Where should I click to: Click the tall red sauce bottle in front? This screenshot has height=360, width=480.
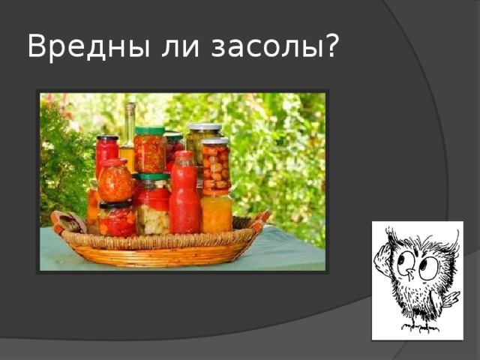[184, 196]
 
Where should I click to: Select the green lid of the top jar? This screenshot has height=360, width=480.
[150, 131]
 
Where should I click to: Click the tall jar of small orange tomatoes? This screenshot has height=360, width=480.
[215, 166]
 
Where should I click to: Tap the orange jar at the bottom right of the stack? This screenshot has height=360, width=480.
[217, 214]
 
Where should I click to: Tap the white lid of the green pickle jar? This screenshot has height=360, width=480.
[205, 127]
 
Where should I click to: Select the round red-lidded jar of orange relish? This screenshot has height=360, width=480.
[115, 182]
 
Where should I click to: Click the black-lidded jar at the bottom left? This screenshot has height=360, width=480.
[117, 220]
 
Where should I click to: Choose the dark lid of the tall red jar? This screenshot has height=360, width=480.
[106, 138]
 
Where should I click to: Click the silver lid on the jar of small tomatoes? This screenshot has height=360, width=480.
[215, 140]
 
